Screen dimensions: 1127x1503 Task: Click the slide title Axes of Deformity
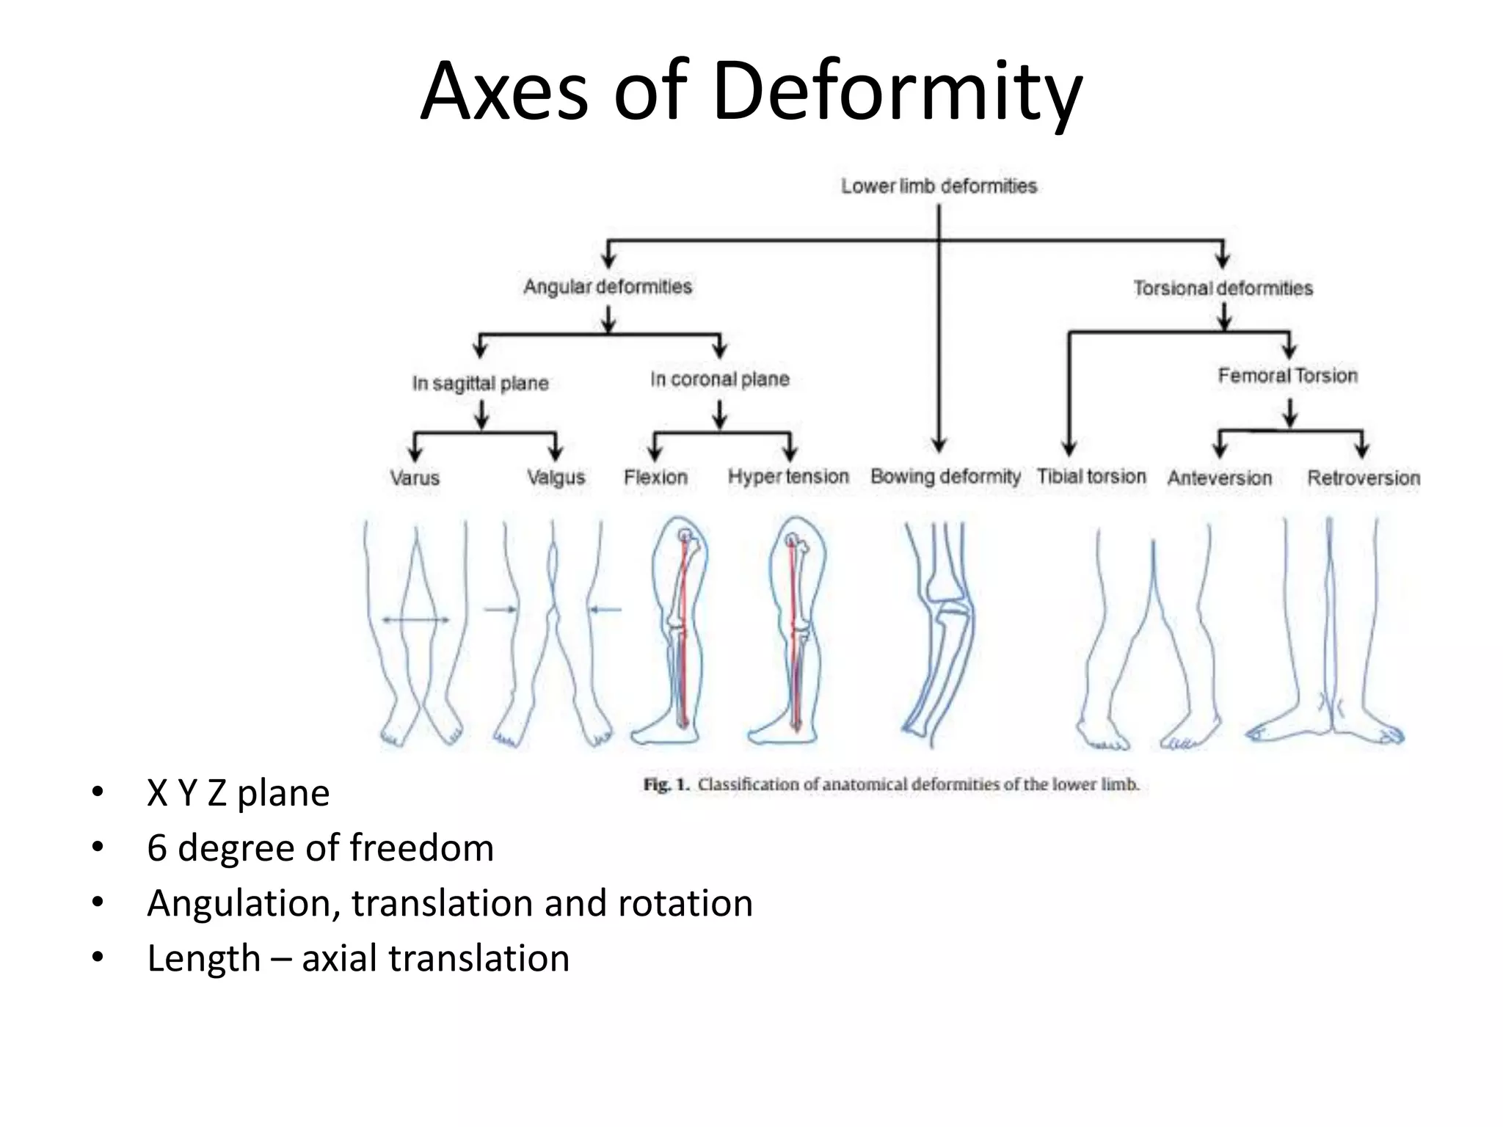(751, 92)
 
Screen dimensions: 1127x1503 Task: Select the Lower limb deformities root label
(939, 186)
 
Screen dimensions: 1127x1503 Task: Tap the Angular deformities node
(608, 286)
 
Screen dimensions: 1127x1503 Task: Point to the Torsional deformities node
(1223, 288)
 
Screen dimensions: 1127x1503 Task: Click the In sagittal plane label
(480, 383)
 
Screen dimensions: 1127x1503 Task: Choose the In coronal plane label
(719, 379)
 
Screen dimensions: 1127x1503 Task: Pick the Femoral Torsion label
(1288, 376)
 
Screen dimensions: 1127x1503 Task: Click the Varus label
(415, 478)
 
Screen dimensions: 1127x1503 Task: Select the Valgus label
(556, 478)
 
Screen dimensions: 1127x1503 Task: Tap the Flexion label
(655, 478)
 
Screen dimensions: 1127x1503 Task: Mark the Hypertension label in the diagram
(788, 477)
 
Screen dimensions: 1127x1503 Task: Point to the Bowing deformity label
(945, 477)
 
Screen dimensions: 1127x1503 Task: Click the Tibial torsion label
(1091, 477)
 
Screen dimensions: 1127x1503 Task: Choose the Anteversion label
(1219, 478)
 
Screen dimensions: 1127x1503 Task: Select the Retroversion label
(1364, 478)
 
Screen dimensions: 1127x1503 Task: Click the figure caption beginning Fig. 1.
(891, 784)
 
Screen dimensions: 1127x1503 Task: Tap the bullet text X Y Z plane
(238, 793)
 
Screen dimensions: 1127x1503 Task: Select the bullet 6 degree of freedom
(320, 848)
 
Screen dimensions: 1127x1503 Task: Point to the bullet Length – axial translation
(358, 958)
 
